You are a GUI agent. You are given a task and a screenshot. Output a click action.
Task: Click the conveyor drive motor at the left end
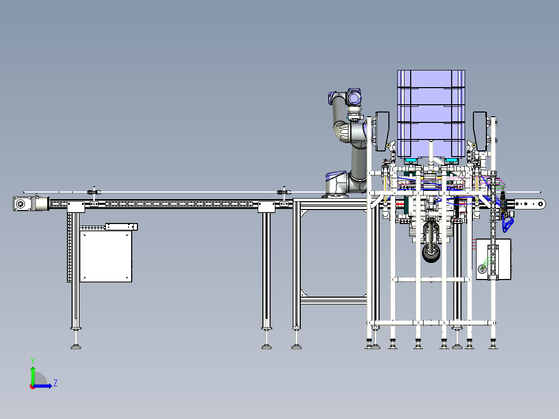(x=21, y=204)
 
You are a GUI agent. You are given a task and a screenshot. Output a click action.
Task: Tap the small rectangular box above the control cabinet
(x=121, y=227)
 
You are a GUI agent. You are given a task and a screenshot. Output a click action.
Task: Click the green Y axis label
(x=32, y=359)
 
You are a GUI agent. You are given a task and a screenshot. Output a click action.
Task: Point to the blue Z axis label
(x=55, y=383)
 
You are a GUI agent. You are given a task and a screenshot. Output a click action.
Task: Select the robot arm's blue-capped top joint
(x=355, y=96)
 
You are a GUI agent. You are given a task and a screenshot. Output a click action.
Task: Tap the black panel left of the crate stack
(x=382, y=129)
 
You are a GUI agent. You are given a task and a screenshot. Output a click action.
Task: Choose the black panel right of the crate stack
(x=480, y=129)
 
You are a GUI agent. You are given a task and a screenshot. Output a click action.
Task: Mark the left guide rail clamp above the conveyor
(x=94, y=193)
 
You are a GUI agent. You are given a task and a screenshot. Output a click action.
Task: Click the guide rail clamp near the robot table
(x=284, y=192)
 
